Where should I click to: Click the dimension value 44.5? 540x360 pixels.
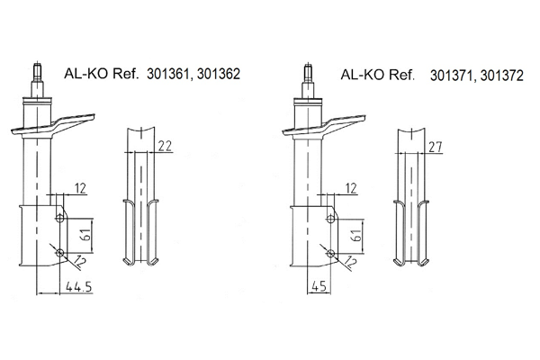(x=84, y=286)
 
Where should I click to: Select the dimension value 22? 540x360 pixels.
(x=164, y=147)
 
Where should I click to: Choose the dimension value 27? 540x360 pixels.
(x=436, y=147)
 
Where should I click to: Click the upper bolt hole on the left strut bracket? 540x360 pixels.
(x=59, y=218)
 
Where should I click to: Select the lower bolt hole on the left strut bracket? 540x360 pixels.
(x=59, y=254)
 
